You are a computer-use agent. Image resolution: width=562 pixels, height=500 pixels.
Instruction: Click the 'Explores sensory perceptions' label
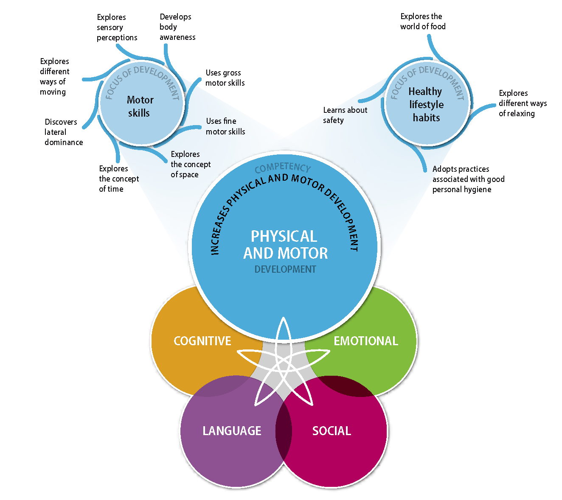117,28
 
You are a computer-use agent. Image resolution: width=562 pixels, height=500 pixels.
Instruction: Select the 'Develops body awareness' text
177,27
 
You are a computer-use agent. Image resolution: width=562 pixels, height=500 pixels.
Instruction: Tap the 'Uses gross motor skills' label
225,78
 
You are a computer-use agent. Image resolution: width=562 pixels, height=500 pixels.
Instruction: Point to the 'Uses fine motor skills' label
225,126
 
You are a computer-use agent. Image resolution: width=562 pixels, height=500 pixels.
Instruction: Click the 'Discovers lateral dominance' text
64,132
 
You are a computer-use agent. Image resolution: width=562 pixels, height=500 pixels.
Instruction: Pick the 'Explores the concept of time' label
119,179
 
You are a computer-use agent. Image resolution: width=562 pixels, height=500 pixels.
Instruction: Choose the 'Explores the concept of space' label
191,164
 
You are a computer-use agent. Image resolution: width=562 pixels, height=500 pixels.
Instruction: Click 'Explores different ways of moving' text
54,76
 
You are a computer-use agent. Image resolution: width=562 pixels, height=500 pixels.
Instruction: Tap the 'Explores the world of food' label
423,22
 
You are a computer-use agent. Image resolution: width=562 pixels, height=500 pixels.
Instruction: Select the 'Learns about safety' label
345,115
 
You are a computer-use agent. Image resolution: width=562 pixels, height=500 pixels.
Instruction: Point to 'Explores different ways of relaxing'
523,103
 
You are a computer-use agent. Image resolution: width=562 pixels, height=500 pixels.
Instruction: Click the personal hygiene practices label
468,179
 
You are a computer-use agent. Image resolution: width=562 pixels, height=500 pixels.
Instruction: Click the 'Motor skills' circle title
140,106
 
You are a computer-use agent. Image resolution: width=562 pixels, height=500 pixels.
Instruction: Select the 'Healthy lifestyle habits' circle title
426,104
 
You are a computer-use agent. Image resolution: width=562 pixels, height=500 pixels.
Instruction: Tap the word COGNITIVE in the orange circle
202,341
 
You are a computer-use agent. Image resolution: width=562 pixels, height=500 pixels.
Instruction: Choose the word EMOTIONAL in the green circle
366,341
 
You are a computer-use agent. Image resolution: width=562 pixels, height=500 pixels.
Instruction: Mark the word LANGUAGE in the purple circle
232,431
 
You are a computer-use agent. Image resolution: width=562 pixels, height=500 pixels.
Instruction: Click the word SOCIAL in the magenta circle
332,431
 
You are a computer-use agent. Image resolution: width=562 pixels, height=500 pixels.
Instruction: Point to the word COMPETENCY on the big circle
283,168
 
